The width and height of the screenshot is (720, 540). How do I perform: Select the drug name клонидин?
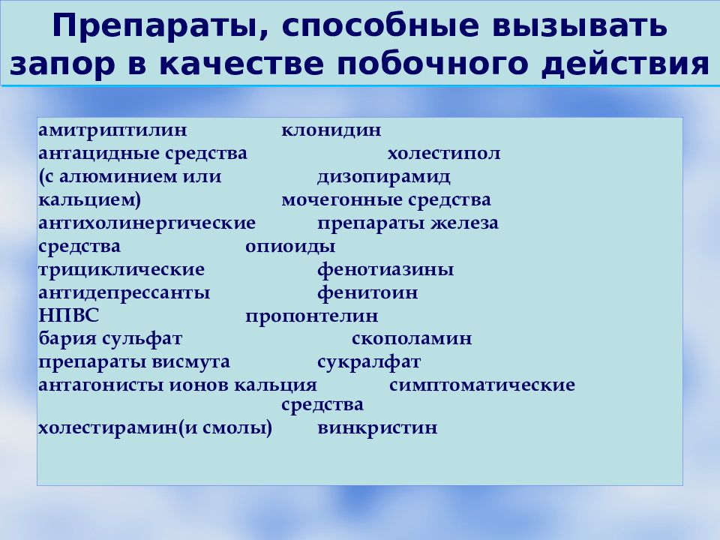331,130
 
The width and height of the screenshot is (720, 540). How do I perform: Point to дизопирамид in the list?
383,177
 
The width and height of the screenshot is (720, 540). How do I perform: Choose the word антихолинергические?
147,223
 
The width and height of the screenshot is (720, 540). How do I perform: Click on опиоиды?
290,247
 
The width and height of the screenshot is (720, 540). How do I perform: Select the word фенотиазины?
385,270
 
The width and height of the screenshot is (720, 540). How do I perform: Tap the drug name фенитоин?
367,293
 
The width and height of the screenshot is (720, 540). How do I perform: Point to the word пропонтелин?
311,316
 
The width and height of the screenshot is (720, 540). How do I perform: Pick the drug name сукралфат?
369,362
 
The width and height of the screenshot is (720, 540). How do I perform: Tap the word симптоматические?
482,385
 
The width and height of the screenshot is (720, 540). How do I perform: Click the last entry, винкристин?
377,430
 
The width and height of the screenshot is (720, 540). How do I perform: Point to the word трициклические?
121,270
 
